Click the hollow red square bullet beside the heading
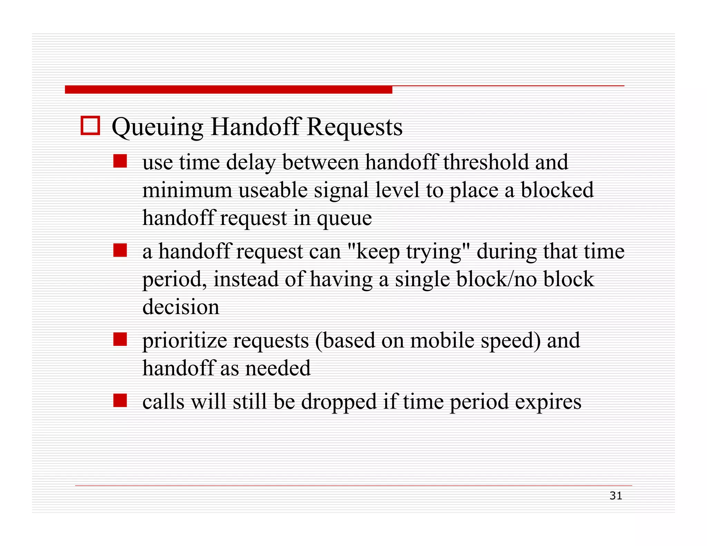tap(90, 125)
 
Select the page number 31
tap(616, 496)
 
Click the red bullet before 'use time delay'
tap(120, 161)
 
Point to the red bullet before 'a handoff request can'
tap(120, 250)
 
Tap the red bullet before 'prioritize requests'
tap(120, 339)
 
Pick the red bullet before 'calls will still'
tap(120, 401)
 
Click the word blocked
tap(557, 190)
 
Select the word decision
tap(181, 307)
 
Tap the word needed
tap(278, 368)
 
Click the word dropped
tap(339, 402)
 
